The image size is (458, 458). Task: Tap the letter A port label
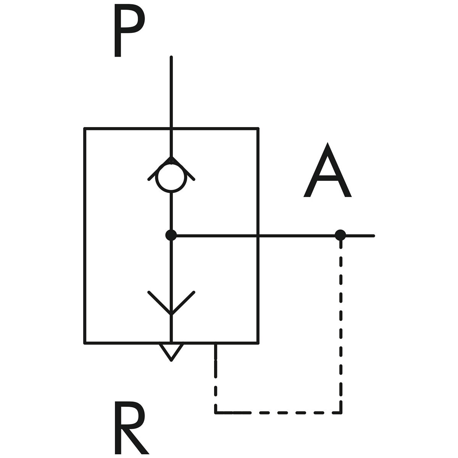[x=327, y=172]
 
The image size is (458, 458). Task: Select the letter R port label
[x=130, y=427]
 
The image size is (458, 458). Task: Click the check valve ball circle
[x=171, y=178]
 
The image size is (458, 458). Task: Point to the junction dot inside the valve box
[x=171, y=235]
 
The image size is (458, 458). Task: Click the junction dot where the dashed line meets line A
[x=340, y=235]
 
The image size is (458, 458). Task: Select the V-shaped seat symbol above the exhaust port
[x=171, y=303]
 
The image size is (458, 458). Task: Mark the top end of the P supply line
[x=171, y=58]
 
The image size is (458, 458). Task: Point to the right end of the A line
[x=374, y=235]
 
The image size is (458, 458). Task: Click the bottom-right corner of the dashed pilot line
[x=341, y=412]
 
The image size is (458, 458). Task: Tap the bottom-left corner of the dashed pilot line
[x=216, y=412]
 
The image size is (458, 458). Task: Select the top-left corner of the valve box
[x=85, y=129]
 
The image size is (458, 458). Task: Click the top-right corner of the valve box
[x=258, y=129]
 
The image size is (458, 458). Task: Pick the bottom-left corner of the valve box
[x=85, y=342]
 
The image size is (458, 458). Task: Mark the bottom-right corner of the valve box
[x=258, y=342]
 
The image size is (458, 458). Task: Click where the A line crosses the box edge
[x=258, y=235]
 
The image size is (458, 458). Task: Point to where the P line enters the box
[x=171, y=129]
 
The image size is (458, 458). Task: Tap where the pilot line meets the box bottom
[x=216, y=343]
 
